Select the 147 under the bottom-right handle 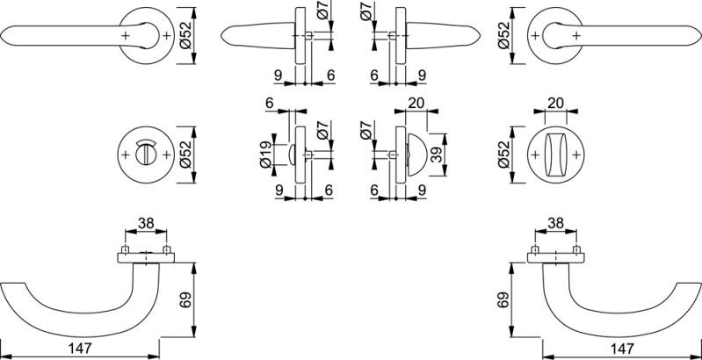pyautogui.click(x=623, y=349)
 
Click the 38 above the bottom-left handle pyautogui.click(x=146, y=224)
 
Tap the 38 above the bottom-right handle pyautogui.click(x=556, y=224)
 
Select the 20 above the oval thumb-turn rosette pyautogui.click(x=555, y=104)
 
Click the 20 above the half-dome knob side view pyautogui.click(x=416, y=103)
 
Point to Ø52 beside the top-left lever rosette pyautogui.click(x=185, y=34)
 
